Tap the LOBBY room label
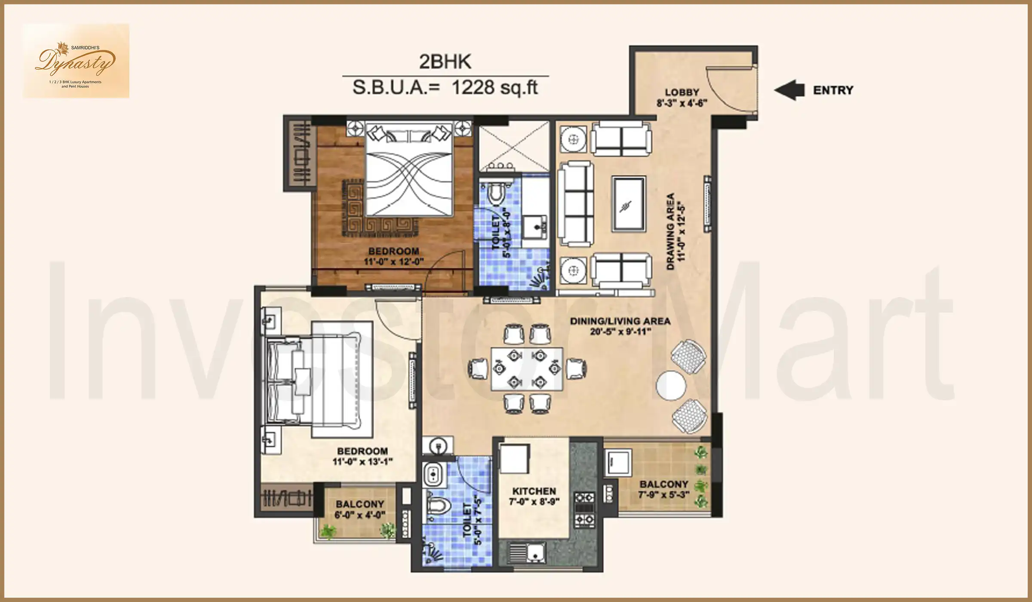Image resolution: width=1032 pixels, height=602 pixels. [682, 92]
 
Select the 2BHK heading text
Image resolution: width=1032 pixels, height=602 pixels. [445, 62]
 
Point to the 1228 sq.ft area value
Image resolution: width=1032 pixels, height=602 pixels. [494, 88]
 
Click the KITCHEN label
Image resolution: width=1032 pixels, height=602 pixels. [534, 491]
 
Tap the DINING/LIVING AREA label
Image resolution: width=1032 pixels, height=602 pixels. [620, 321]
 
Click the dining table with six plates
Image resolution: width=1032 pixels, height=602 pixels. [527, 369]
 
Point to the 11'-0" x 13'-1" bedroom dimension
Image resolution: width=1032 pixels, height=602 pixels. [362, 462]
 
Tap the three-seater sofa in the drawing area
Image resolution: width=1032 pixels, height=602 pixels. [575, 204]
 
